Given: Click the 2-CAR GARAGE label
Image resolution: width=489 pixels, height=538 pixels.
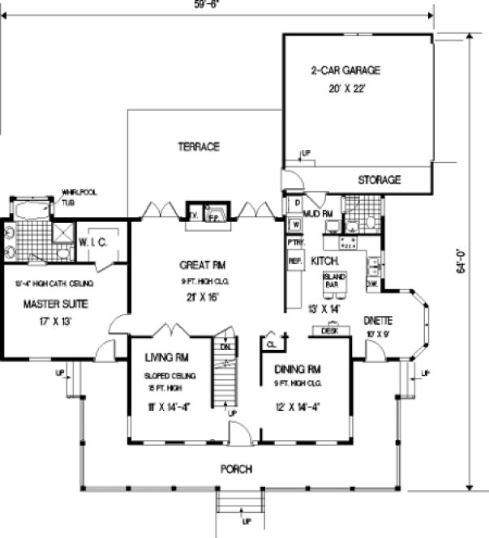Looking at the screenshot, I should coord(345,70).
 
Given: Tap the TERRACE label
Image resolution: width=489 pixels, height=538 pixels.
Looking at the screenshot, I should coord(199,147).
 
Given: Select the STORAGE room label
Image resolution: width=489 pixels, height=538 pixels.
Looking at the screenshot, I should coord(380,180).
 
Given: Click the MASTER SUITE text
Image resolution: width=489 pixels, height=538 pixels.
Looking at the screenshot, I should coord(55,305).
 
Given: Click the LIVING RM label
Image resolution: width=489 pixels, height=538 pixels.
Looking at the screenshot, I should coord(167,357).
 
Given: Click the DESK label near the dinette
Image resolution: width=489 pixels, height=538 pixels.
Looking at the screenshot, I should coord(329,331).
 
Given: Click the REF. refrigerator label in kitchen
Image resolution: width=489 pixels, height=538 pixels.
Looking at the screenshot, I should coord(295,261).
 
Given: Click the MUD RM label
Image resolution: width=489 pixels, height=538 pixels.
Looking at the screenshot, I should coord(315,213).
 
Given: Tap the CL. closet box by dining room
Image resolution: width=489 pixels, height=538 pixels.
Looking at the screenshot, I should coord(270,345).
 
